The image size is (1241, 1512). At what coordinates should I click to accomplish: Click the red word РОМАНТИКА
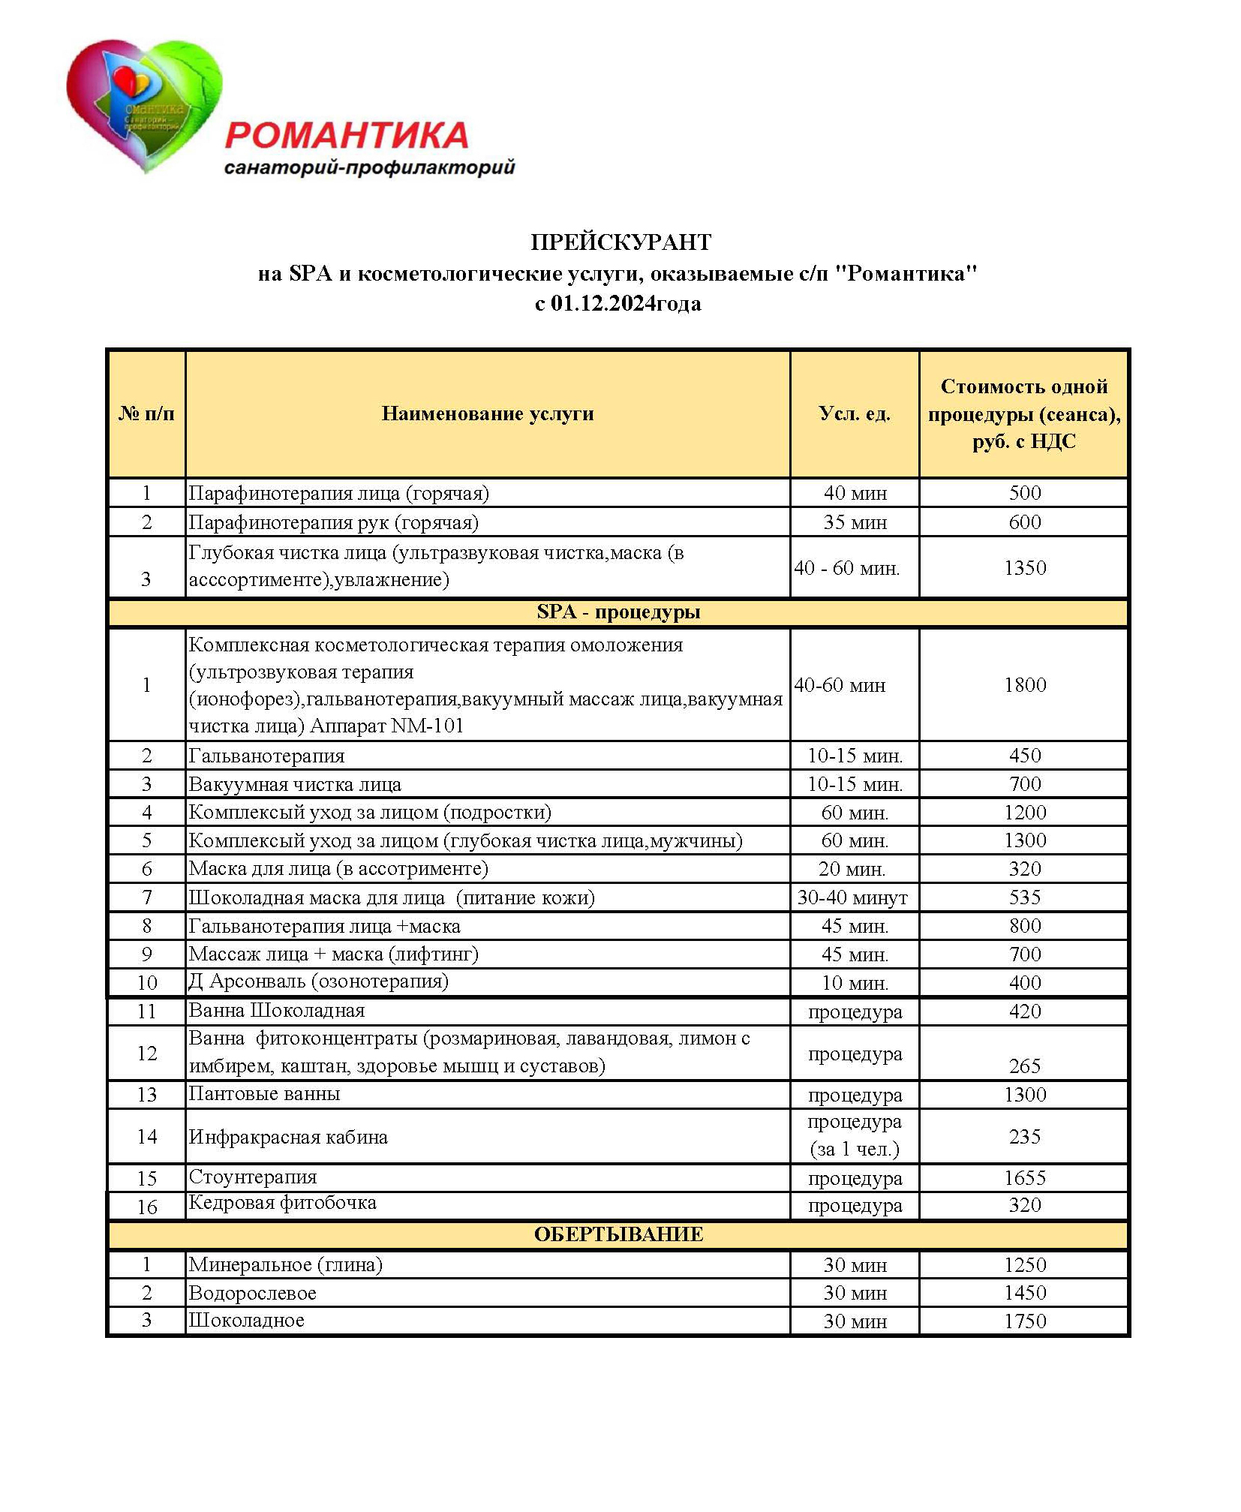(347, 136)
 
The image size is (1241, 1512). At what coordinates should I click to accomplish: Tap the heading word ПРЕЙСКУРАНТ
(620, 242)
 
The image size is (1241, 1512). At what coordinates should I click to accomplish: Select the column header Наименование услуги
(488, 413)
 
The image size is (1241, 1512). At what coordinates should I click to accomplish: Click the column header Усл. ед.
(855, 413)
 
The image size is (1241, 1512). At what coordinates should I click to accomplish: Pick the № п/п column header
(146, 413)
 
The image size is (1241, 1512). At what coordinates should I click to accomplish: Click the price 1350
(1024, 567)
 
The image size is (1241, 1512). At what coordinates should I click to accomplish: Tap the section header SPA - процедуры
(618, 612)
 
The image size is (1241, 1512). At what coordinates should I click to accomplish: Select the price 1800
(1024, 684)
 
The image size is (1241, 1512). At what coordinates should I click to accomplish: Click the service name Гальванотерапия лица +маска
(324, 926)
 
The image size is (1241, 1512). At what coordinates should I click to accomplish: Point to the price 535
(1024, 897)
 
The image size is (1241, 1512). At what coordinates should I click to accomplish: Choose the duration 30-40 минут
(852, 897)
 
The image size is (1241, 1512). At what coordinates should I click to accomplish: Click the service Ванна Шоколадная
(276, 1011)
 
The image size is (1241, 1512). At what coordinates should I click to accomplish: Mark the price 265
(1024, 1066)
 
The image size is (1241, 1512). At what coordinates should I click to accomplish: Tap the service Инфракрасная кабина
(288, 1137)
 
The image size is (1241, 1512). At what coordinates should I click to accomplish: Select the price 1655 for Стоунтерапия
(1024, 1178)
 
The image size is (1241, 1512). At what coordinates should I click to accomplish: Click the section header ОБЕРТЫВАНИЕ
(618, 1234)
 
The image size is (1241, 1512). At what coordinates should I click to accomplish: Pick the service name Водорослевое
(252, 1293)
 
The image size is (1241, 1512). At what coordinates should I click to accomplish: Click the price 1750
(1024, 1321)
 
